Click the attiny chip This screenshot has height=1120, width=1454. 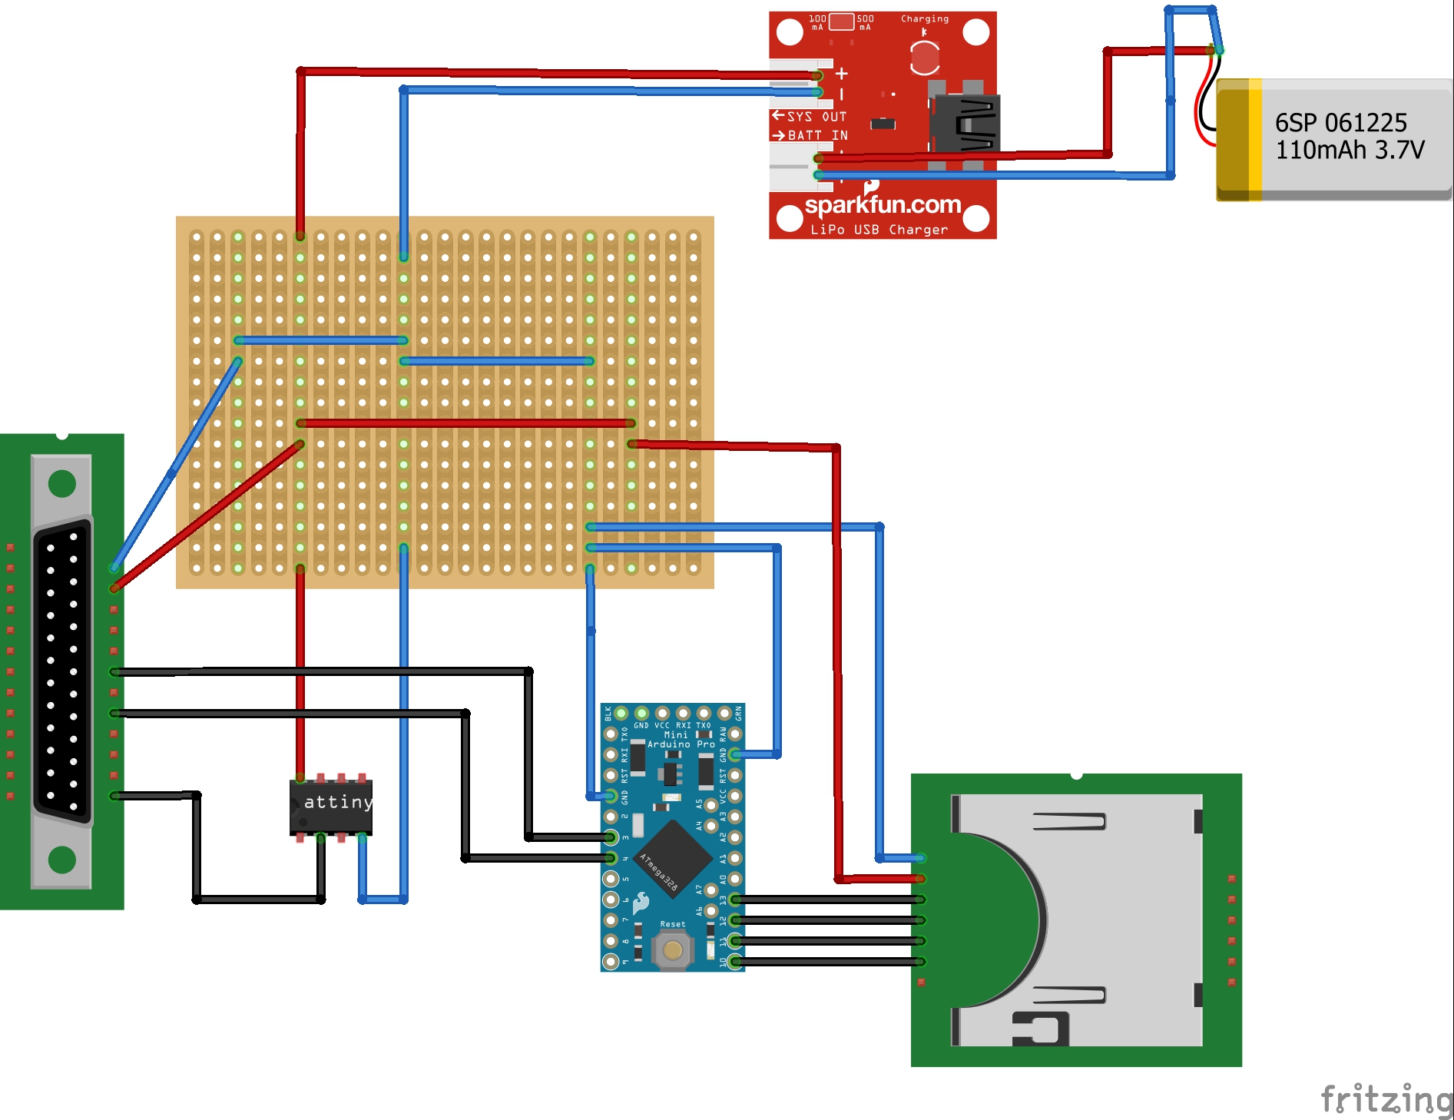pyautogui.click(x=331, y=807)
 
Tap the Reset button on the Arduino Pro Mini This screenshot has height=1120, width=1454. pyautogui.click(x=672, y=950)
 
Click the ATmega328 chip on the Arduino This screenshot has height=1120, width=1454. pyautogui.click(x=674, y=857)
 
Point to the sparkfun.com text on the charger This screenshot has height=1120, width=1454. pyautogui.click(x=883, y=205)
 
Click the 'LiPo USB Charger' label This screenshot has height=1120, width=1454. pyautogui.click(x=879, y=230)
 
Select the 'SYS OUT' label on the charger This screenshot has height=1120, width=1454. pyautogui.click(x=816, y=117)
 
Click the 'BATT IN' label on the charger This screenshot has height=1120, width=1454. pyautogui.click(x=817, y=136)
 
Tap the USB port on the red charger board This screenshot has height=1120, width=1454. pyautogui.click(x=965, y=124)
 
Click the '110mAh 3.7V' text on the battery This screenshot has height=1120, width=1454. pyautogui.click(x=1350, y=150)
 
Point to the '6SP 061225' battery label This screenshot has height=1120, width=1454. pyautogui.click(x=1340, y=123)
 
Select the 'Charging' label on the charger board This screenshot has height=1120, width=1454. pyautogui.click(x=924, y=19)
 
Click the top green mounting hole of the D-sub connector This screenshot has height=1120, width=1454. pyautogui.click(x=62, y=483)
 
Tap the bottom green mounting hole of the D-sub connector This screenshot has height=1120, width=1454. pyautogui.click(x=62, y=860)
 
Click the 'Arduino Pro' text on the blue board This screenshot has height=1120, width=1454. pyautogui.click(x=681, y=744)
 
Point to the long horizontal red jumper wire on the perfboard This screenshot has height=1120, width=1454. pyautogui.click(x=465, y=423)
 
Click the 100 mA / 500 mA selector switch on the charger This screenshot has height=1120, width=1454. pyautogui.click(x=841, y=22)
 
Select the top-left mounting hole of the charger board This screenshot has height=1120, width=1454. pyautogui.click(x=790, y=32)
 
